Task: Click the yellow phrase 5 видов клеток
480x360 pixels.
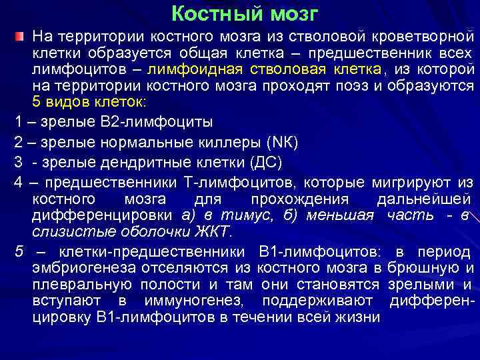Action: coord(92,102)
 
